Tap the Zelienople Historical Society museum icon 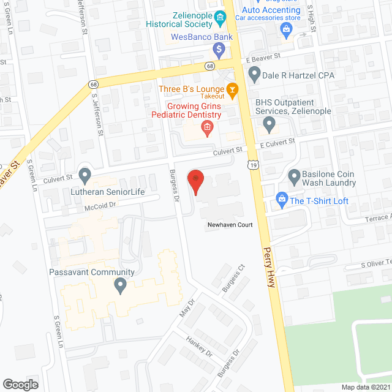(220, 23)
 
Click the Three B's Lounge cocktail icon (232, 91)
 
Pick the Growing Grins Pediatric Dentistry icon (207, 127)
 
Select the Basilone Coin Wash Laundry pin (293, 177)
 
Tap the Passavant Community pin (121, 285)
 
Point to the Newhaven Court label (229, 225)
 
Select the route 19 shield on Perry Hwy (253, 165)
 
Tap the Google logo (20, 384)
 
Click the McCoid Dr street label (102, 206)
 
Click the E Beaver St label (263, 56)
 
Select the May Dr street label (187, 307)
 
